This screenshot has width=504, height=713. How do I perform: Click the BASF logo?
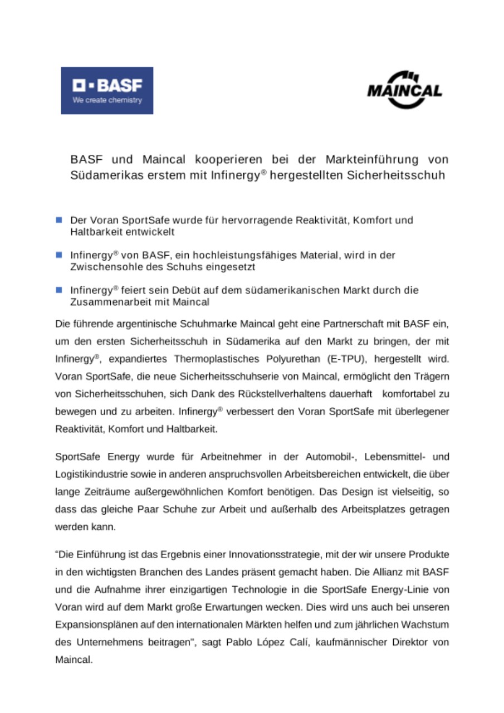point(107,90)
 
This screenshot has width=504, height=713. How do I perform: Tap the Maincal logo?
point(404,90)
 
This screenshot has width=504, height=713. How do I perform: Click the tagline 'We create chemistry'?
point(107,100)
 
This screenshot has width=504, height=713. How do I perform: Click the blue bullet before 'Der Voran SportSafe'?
point(59,220)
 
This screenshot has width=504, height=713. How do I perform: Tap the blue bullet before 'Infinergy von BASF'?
point(59,255)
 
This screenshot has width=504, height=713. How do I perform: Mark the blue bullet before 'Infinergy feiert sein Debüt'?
point(59,290)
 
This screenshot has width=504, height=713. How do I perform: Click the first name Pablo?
point(239,642)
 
